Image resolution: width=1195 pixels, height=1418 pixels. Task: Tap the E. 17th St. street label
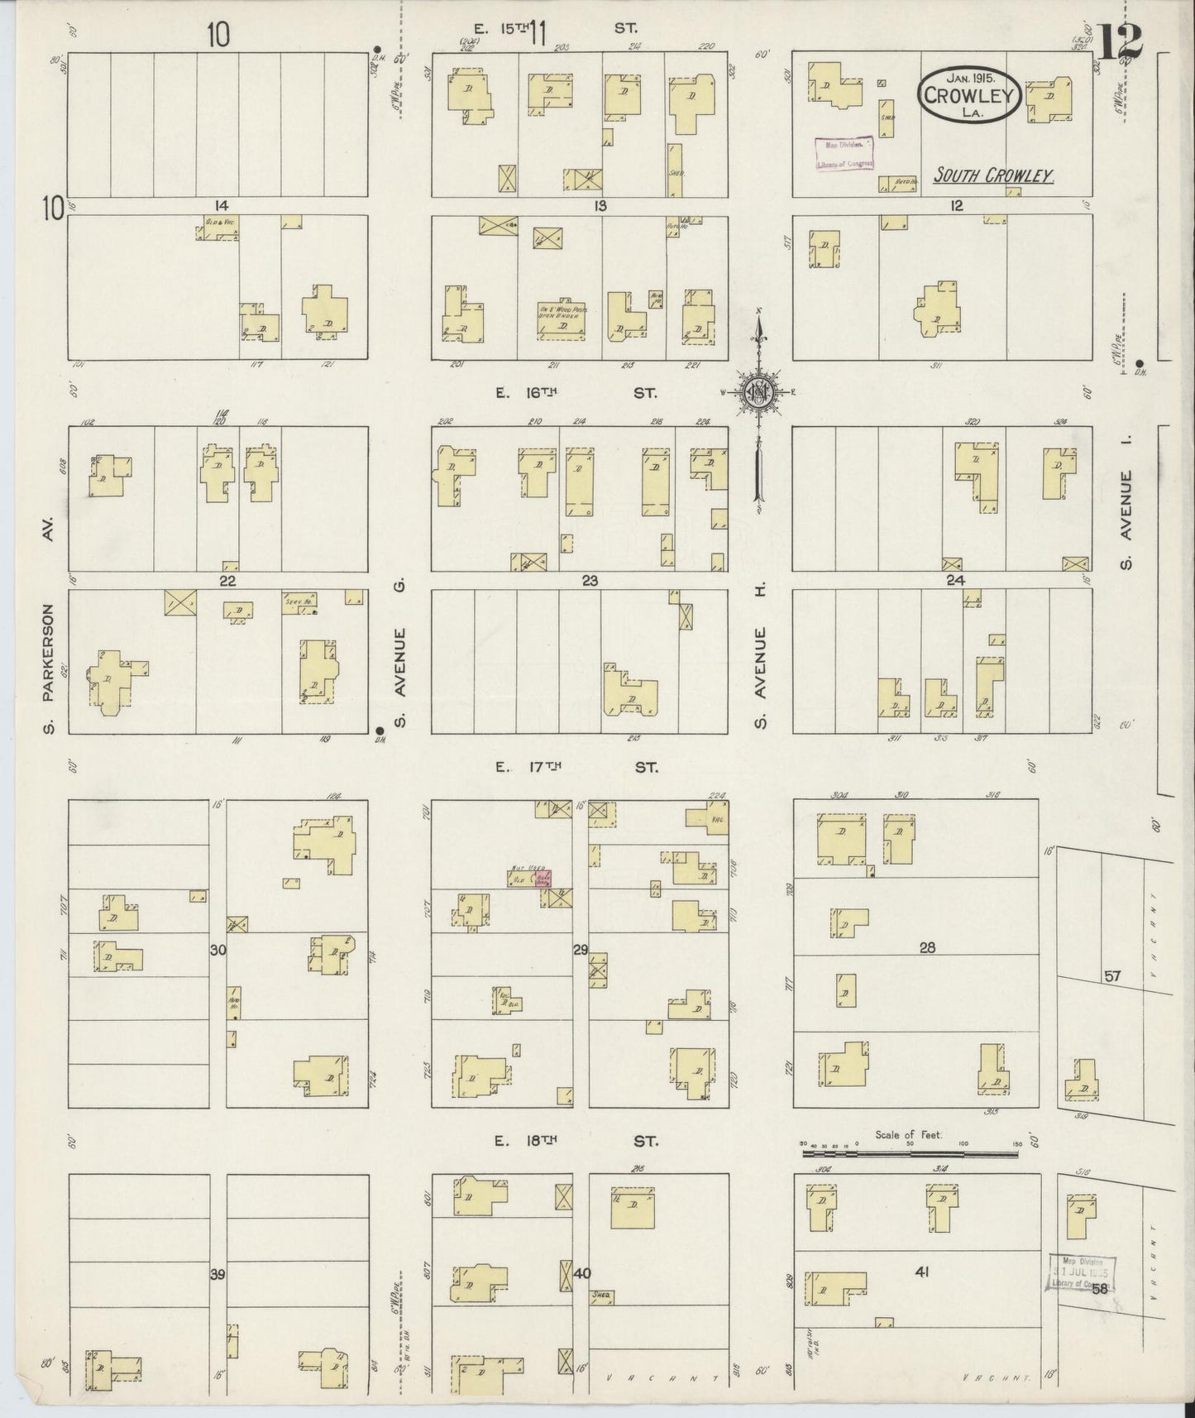(x=576, y=767)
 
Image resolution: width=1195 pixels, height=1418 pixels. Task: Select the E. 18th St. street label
(x=576, y=1141)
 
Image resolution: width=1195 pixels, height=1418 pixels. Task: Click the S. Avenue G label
(x=400, y=662)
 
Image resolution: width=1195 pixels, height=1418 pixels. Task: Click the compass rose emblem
(x=758, y=392)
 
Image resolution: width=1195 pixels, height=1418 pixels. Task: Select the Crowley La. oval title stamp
(x=969, y=95)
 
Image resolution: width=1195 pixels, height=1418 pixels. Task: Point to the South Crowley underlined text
(x=992, y=175)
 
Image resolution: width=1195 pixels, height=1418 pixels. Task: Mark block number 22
(x=227, y=581)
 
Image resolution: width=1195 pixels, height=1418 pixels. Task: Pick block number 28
(x=926, y=948)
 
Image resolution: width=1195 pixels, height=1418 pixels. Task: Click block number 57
(x=1112, y=976)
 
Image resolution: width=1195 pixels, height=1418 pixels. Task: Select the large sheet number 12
(x=1121, y=43)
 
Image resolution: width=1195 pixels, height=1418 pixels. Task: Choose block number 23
(x=589, y=581)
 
